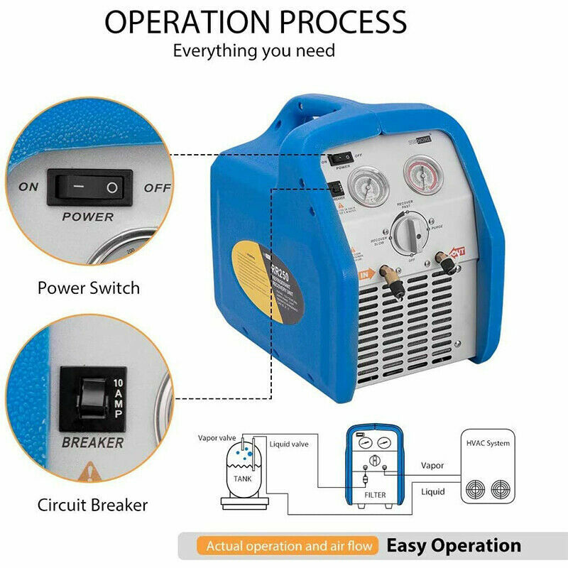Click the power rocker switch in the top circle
click(x=86, y=187)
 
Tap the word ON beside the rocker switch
click(x=28, y=187)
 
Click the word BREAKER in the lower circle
click(x=92, y=442)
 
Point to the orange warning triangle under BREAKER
click(x=89, y=470)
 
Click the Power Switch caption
click(x=89, y=288)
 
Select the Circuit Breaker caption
click(x=92, y=505)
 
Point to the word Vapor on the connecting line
click(x=432, y=466)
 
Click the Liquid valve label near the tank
click(x=289, y=444)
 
